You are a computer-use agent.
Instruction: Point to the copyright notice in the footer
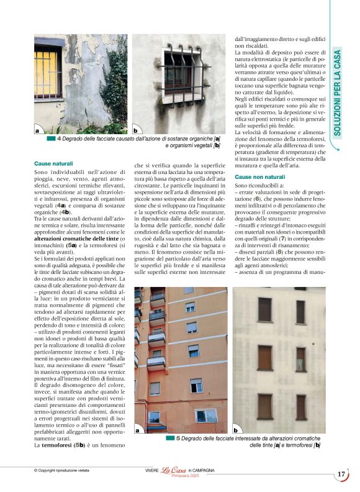tap(65, 470)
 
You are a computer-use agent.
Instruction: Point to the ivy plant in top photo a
tap(115, 81)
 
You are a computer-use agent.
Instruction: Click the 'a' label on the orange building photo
tap(138, 429)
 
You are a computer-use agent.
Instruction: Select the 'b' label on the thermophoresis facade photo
tap(236, 429)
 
